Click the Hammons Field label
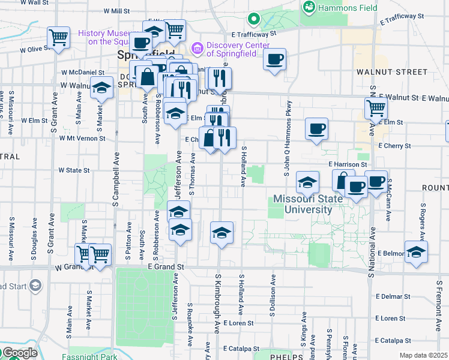[348, 8]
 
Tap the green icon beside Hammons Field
[309, 7]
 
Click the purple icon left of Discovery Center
[196, 47]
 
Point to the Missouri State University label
[303, 204]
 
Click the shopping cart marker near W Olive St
[59, 37]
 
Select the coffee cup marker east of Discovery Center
[274, 59]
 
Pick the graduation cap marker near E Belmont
[416, 252]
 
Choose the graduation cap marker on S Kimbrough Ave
[221, 233]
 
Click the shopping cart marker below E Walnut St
[376, 109]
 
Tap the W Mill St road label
[116, 11]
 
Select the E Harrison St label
[348, 164]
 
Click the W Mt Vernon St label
[83, 138]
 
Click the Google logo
[19, 353]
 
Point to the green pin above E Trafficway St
[254, 20]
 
